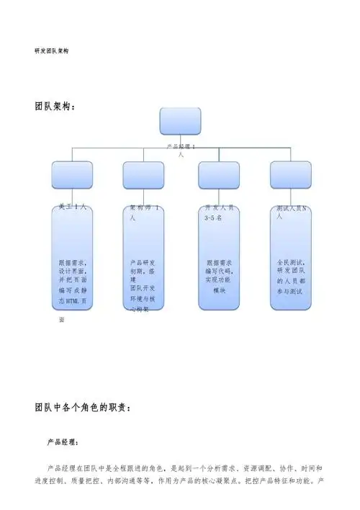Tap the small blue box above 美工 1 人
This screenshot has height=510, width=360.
(73, 175)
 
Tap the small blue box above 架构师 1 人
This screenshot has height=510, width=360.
(143, 175)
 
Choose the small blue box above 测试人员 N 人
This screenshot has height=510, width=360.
(290, 175)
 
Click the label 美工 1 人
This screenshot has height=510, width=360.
(73, 207)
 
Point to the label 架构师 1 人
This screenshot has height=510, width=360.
(146, 211)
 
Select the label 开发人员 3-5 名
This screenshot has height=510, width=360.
(220, 211)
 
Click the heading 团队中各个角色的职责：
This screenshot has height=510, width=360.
(82, 407)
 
